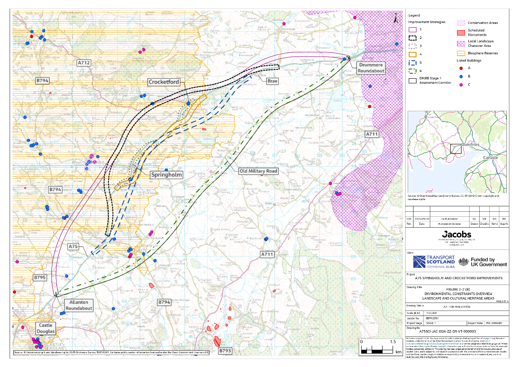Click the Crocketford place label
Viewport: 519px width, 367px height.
click(164, 82)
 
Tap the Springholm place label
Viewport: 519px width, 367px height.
click(167, 175)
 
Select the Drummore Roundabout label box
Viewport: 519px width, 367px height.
click(370, 68)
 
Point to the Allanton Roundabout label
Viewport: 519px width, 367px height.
click(79, 305)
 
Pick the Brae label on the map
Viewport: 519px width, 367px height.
click(273, 80)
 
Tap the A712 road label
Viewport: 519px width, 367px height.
click(84, 62)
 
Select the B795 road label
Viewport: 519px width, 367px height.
click(40, 277)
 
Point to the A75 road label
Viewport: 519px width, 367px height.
click(73, 247)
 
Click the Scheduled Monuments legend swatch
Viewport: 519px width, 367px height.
click(461, 33)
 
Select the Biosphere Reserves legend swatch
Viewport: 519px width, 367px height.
click(461, 53)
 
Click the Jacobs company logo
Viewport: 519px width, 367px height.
click(456, 234)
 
